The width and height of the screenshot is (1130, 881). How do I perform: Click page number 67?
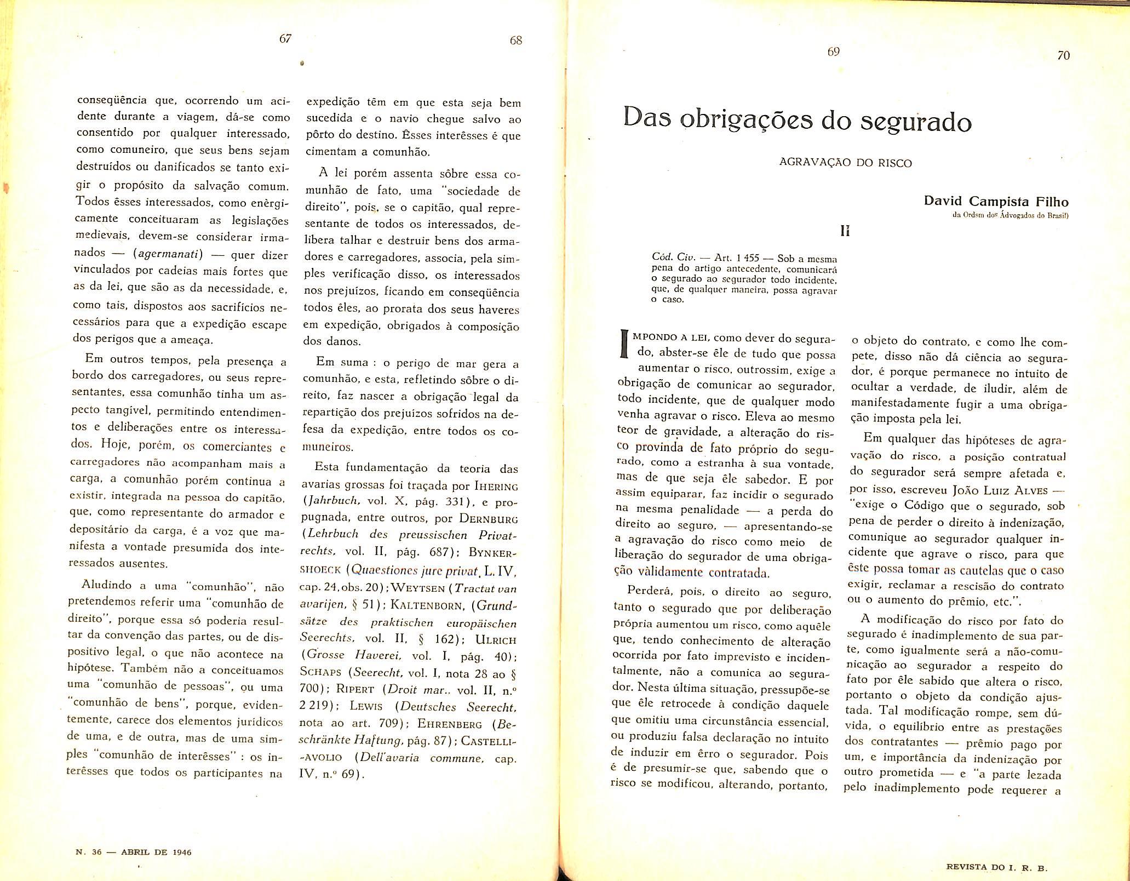coord(285,38)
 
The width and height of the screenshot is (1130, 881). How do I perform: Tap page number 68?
coord(515,41)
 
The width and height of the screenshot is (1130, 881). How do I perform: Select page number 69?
coord(833,52)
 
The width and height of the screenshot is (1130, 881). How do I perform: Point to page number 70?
coord(1063,55)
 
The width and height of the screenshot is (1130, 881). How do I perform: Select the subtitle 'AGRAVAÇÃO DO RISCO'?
coord(845,163)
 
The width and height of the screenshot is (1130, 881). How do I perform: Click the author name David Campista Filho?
coord(996,201)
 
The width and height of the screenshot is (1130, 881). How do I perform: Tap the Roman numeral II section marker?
coord(845,231)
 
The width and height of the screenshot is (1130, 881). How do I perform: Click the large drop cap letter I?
coord(622,344)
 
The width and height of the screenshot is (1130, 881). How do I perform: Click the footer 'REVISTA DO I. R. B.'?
coord(996,868)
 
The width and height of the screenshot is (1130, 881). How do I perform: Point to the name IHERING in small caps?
coord(496,485)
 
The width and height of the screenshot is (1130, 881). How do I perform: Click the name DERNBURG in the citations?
coord(489,518)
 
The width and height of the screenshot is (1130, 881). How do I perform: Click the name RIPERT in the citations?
coord(356,689)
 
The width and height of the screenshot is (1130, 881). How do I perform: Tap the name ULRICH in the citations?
coord(496,639)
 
